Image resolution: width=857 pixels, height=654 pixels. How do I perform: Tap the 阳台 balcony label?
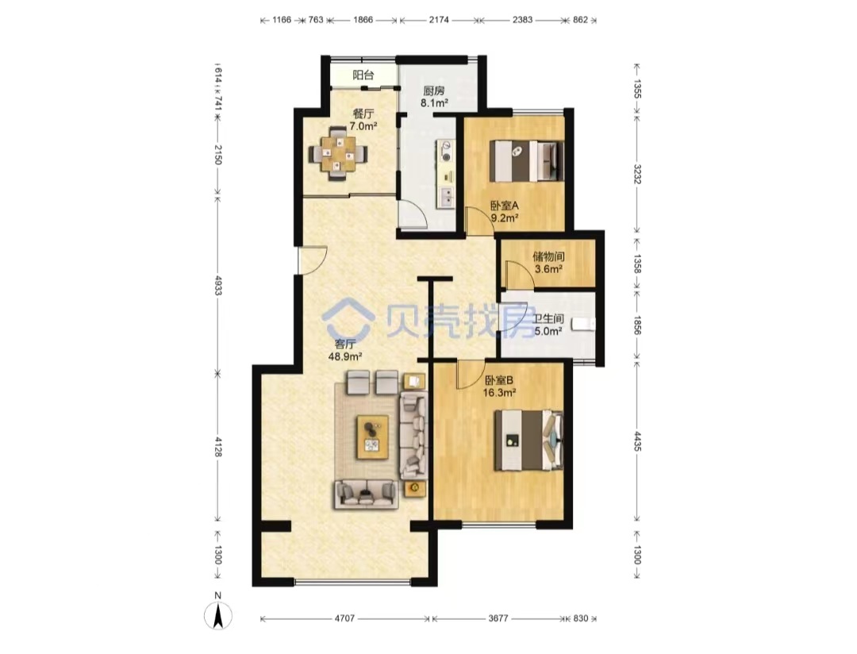click(x=363, y=75)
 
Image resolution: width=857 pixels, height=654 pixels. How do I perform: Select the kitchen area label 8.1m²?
click(x=434, y=102)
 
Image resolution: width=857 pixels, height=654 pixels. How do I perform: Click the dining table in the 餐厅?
click(x=338, y=153)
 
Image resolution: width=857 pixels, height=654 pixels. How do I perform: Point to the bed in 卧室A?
click(x=526, y=161)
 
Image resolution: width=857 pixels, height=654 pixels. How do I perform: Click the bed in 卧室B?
click(x=528, y=440)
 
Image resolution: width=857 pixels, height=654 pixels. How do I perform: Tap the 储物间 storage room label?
click(x=549, y=256)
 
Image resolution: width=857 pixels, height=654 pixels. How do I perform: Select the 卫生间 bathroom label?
click(x=548, y=318)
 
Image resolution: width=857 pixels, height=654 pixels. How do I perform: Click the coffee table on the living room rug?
click(x=373, y=437)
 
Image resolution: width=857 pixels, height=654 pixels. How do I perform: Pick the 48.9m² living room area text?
click(x=345, y=357)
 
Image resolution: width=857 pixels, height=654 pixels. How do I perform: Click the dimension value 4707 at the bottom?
click(x=344, y=618)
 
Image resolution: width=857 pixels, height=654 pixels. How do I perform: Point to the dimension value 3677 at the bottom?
click(x=498, y=618)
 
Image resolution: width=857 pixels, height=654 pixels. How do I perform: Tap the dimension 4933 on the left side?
click(x=217, y=285)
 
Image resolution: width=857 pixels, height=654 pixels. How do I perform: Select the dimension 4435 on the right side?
click(x=637, y=441)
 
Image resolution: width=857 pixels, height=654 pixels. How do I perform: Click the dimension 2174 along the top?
click(x=438, y=20)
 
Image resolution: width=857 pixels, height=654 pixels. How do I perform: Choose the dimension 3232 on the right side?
click(x=637, y=174)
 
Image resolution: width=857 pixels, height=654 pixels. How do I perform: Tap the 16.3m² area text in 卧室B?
click(x=500, y=393)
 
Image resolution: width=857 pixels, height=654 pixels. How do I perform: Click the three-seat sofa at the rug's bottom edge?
click(x=366, y=494)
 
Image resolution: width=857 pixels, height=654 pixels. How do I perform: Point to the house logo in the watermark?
click(x=348, y=318)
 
